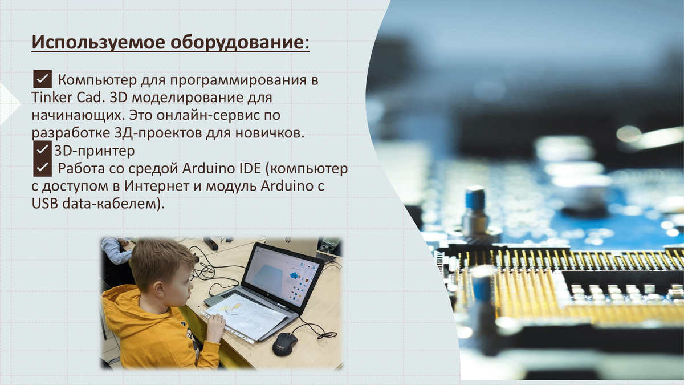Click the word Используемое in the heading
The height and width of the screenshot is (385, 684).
(x=98, y=42)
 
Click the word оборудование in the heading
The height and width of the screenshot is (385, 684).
(x=237, y=42)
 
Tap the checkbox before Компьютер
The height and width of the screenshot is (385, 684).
(x=42, y=79)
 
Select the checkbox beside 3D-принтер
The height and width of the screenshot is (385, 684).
(x=42, y=149)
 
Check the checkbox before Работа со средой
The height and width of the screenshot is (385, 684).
(x=42, y=168)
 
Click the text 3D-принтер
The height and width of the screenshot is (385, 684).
(x=95, y=151)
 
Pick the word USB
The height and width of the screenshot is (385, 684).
(x=45, y=204)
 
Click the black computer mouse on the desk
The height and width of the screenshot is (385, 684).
(x=284, y=344)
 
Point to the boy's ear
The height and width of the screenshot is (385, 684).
(x=159, y=289)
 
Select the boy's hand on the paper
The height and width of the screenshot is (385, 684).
(x=215, y=327)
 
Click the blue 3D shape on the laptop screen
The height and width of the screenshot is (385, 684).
(x=294, y=275)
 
